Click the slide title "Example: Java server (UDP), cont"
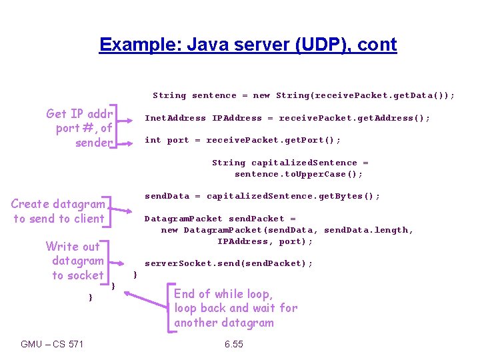point(247,45)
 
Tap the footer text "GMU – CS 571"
point(53,344)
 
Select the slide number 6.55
point(233,344)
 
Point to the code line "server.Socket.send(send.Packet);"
point(229,263)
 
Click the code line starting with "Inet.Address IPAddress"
point(287,118)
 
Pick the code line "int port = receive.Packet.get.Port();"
point(243,140)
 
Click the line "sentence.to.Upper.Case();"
point(299,174)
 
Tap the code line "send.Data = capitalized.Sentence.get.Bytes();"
point(263,196)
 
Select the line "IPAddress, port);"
point(265,241)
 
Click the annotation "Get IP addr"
point(77,113)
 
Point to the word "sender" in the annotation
point(93,143)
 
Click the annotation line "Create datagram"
point(58,204)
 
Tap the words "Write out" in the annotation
point(73,247)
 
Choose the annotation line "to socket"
point(78,275)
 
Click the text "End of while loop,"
point(223,294)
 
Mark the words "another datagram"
point(224,323)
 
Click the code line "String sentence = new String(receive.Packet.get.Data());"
point(304,95)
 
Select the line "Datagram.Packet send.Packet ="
point(220,219)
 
